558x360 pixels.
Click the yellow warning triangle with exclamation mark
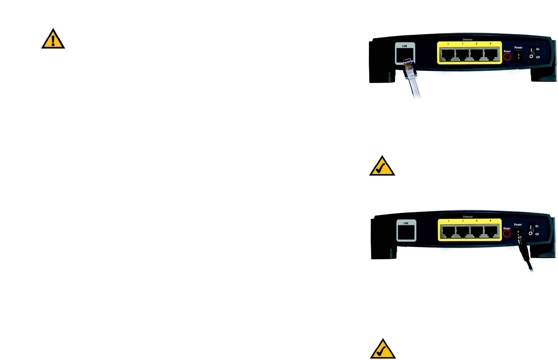tap(53, 40)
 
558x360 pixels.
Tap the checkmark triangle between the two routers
tap(382, 167)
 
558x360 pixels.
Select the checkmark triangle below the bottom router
tap(383, 350)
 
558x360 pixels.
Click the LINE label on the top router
tap(405, 46)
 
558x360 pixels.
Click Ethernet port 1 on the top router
tap(448, 55)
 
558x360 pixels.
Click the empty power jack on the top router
tap(518, 56)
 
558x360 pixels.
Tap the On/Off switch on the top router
tap(531, 53)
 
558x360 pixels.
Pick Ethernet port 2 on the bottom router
tap(463, 232)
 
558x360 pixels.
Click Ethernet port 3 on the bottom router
tap(477, 232)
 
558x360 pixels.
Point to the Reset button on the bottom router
tap(507, 234)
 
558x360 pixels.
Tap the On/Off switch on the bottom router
tap(530, 230)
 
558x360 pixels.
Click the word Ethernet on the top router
tap(468, 40)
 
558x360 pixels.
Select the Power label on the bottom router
tap(518, 225)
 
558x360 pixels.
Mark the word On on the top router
tap(538, 49)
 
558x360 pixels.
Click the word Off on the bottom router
tap(537, 234)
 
